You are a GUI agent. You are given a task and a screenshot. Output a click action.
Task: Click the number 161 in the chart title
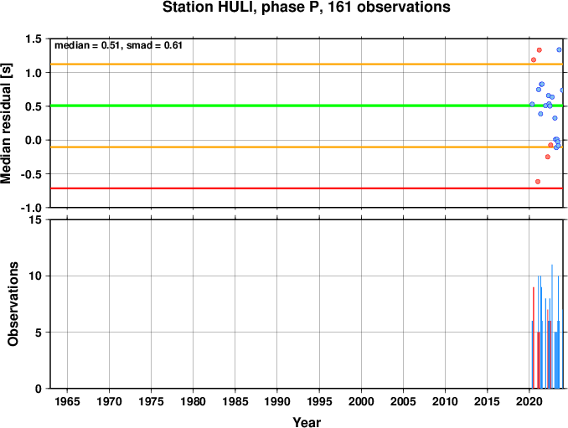coord(340,8)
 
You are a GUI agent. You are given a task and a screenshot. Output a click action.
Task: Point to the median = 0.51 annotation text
coord(86,45)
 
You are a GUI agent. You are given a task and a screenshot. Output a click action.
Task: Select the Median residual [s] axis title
coord(6,124)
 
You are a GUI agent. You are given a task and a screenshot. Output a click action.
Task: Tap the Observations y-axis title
coord(13,304)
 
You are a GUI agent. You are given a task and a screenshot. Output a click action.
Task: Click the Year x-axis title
coord(307,422)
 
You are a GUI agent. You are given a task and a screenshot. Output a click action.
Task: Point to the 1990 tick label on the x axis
coord(277,401)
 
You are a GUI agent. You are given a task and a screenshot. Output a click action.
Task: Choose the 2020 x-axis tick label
coord(529,401)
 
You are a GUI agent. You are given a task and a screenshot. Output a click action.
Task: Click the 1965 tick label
coord(67,401)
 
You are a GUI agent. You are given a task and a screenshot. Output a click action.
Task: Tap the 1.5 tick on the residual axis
coord(34,39)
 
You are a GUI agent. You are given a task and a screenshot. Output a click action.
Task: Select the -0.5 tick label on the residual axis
coord(31,174)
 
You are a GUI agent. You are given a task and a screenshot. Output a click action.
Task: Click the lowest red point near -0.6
coord(538,182)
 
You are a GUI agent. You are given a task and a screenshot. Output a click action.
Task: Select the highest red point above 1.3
coord(539,50)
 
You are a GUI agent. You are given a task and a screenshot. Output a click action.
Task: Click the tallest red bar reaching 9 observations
coord(534,338)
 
